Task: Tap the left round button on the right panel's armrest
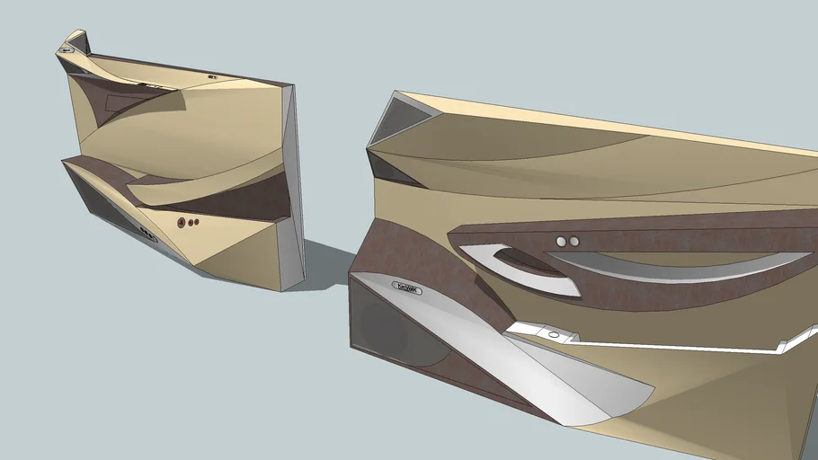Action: [561, 242]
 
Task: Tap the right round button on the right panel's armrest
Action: [573, 242]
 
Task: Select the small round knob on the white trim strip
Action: [553, 335]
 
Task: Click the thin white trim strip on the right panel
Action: [665, 341]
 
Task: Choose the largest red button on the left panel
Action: [181, 222]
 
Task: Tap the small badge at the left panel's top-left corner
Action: [67, 50]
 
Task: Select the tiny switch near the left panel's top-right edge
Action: [213, 77]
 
